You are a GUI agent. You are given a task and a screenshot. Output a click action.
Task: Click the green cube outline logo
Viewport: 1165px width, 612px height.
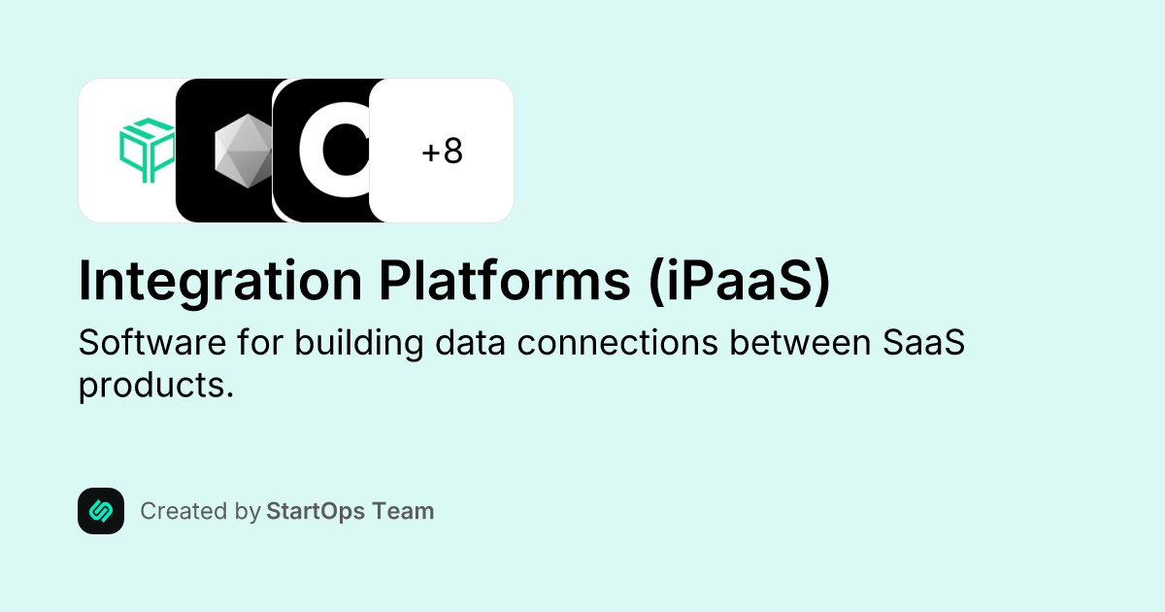[x=146, y=151]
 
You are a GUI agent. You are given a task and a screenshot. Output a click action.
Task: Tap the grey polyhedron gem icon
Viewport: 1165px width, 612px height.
[x=243, y=151]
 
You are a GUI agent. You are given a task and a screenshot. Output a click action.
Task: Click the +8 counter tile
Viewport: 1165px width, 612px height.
[x=442, y=151]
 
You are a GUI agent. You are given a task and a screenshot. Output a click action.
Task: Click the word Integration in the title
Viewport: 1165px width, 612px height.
[x=219, y=281]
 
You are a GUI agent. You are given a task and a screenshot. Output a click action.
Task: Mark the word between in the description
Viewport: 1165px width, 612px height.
[x=806, y=343]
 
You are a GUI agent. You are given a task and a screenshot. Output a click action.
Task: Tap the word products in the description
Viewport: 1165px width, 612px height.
[x=155, y=385]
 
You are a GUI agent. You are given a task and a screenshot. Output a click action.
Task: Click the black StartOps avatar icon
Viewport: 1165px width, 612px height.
[x=101, y=511]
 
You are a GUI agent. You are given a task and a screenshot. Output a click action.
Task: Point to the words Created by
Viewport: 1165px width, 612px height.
[x=200, y=511]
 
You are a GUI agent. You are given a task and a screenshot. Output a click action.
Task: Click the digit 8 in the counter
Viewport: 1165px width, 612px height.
[x=452, y=152]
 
